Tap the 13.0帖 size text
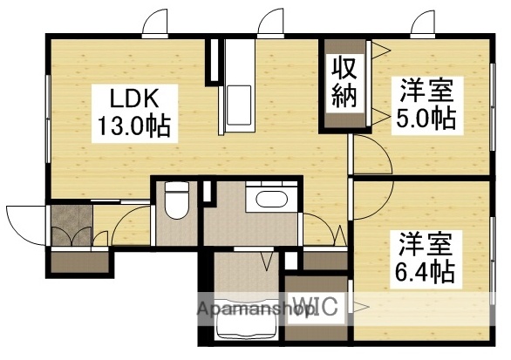click(133, 128)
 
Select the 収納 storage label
click(343, 84)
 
